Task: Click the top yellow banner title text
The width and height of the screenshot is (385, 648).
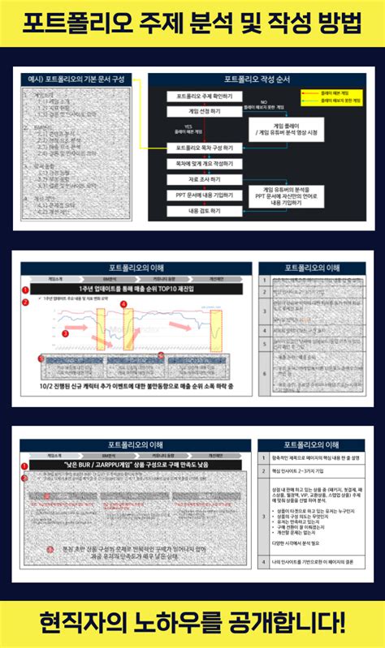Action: [192, 24]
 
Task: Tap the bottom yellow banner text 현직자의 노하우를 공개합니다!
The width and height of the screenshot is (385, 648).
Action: [192, 624]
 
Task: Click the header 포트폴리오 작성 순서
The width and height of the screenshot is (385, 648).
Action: [257, 79]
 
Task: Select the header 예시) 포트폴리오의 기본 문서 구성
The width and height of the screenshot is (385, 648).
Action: [78, 79]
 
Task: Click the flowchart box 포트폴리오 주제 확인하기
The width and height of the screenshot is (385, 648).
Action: [199, 97]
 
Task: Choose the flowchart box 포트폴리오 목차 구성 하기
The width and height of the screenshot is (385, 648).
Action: [199, 148]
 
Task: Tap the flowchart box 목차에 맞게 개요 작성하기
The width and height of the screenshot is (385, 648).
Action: [199, 164]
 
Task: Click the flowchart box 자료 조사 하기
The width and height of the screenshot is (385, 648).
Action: [199, 179]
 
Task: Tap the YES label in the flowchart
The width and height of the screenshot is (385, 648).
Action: [188, 127]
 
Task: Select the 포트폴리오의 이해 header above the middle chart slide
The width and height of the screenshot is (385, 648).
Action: [135, 268]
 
